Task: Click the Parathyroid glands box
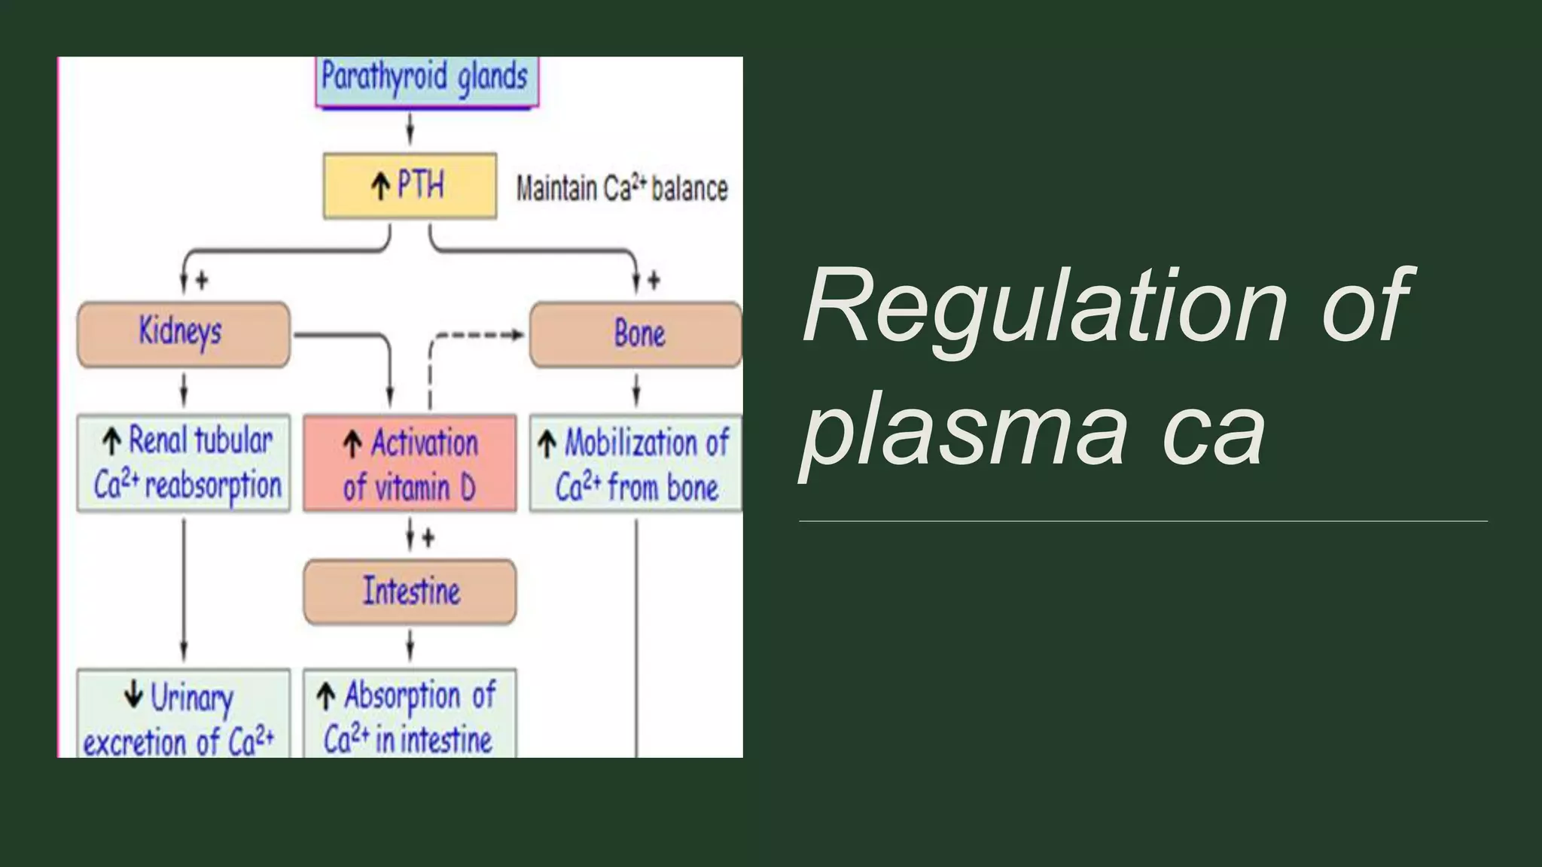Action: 426,80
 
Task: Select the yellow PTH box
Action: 410,186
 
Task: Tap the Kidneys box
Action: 183,334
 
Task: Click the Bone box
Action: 636,334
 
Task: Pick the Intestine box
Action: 410,592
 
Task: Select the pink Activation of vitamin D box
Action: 410,464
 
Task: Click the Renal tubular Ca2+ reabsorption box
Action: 183,464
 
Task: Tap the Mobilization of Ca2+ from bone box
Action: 636,464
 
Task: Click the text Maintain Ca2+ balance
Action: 621,188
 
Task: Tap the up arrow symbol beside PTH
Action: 381,186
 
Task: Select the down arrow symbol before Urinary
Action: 133,694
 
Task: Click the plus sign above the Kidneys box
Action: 202,281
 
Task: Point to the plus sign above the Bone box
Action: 654,281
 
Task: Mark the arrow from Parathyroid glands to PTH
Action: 410,129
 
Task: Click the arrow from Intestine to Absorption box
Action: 410,645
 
